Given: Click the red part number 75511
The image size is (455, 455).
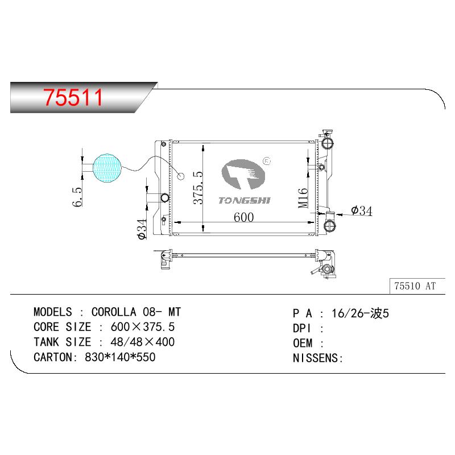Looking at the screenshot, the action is coord(73,97).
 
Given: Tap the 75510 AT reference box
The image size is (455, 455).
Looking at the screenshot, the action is coord(417,286).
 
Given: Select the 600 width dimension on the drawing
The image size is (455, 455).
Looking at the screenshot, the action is coord(244,217).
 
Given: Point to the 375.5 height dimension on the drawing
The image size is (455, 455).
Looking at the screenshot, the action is coord(198,188).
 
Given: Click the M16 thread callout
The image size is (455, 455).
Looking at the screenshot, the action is coord(303,198).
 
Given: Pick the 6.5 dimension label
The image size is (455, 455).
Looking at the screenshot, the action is coord(77,197).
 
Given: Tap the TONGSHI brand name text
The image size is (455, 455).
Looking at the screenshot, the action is coord(245,201).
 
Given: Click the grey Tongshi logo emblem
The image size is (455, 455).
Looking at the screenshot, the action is coord(243,174).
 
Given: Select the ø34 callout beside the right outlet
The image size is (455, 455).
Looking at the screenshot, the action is coord(362,210).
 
